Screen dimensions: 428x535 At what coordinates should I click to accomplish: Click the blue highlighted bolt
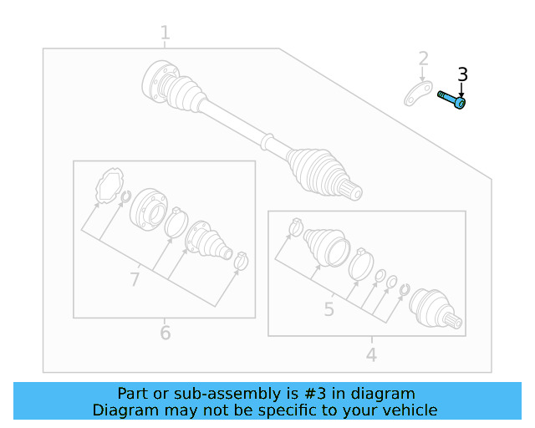coord(451,100)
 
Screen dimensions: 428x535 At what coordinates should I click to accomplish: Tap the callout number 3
coord(462,75)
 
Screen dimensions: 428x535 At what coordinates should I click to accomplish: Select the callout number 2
coord(424,59)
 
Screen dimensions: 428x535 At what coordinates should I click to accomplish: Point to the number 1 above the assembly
coord(165,33)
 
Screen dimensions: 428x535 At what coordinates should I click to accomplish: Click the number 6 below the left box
coord(165,334)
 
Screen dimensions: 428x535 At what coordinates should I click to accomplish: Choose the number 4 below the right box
coord(371,355)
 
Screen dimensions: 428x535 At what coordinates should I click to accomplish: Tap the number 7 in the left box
coord(135,279)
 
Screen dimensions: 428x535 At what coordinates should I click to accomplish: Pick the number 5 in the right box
coord(329,310)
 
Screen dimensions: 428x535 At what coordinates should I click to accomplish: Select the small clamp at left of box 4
coord(295,226)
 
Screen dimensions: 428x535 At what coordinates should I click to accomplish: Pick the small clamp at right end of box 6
coord(241,262)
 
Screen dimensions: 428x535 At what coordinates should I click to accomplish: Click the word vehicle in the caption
coord(410,410)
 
